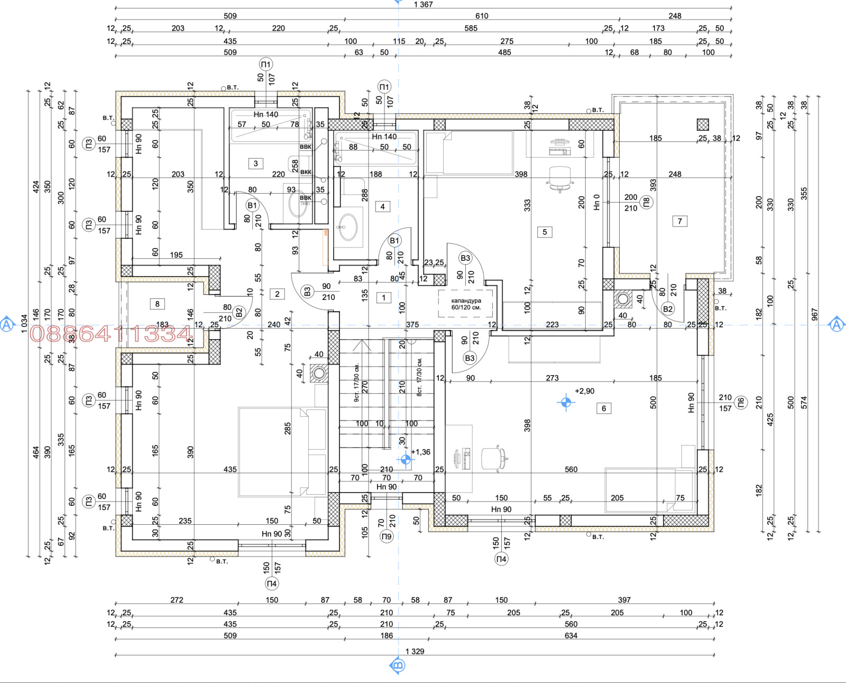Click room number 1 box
point(384,298)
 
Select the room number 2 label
point(277,294)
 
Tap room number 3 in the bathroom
point(255,163)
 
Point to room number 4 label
point(382,206)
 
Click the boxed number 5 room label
point(545,232)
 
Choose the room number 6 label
point(604,408)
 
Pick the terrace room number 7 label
point(680,221)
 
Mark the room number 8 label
point(157,304)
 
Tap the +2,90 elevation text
point(584,391)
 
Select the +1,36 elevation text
point(421,452)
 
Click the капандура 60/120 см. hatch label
point(466,304)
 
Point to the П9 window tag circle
point(387,536)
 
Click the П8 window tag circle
point(646,202)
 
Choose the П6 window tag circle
point(741,403)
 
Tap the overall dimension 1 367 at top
point(423,5)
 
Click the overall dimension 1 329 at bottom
point(415,651)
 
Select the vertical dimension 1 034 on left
point(24,324)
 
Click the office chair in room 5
point(560,177)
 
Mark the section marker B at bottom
point(398,665)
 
